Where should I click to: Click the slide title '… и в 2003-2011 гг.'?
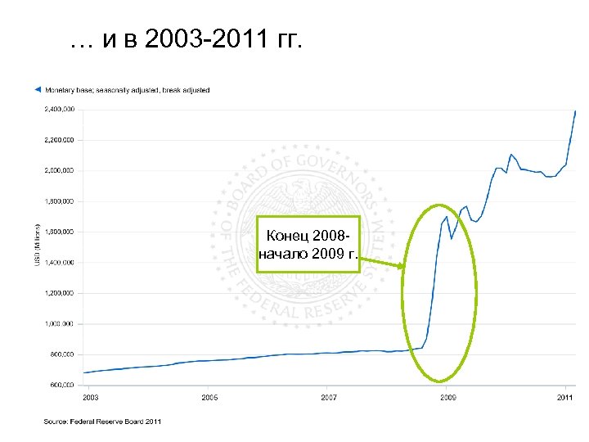187,41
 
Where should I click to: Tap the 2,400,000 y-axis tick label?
58,109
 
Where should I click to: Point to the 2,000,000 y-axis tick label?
58,170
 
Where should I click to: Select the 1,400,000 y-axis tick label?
58,262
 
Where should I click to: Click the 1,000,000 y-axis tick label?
58,323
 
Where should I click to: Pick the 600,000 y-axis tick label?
60,384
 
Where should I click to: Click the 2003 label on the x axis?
91,397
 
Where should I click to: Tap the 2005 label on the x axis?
209,397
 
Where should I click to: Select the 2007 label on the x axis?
329,397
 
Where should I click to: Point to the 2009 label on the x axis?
448,397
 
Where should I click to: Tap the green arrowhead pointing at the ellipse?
400,266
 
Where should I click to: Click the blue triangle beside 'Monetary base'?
36,89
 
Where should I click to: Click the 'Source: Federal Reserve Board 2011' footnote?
102,422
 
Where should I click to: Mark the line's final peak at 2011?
576,110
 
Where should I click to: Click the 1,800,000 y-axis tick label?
58,201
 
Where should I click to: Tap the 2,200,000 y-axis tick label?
58,140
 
